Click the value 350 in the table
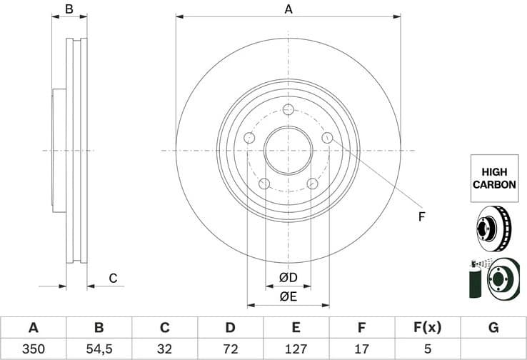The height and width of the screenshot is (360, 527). [33, 349]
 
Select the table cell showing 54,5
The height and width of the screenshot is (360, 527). [99, 349]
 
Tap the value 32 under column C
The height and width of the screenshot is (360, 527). [164, 349]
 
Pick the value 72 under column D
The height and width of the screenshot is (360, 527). [230, 349]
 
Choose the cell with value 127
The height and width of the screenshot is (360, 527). [296, 349]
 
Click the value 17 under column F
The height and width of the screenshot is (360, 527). [361, 349]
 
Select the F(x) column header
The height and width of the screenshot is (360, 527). [427, 328]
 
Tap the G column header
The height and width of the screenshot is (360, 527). [493, 328]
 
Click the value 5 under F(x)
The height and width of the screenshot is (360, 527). [427, 349]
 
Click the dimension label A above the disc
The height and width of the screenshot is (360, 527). [288, 9]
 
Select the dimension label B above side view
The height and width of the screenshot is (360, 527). [69, 9]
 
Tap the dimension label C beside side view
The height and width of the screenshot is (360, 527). [113, 278]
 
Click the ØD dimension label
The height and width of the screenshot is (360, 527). [288, 277]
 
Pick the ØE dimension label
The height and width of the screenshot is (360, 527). [288, 296]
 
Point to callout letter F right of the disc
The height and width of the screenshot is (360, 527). [421, 216]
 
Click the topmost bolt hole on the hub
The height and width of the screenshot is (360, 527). [288, 109]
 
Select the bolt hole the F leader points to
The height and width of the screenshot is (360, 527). [328, 138]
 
